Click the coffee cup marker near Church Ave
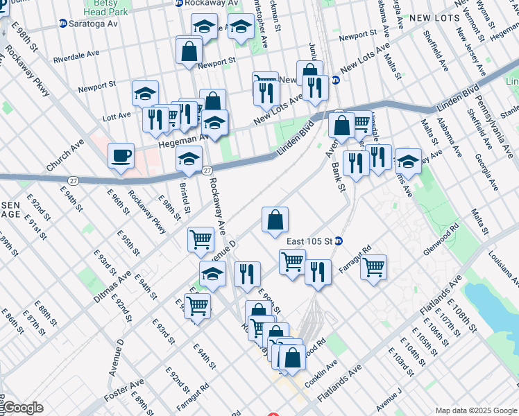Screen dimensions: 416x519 [x=121, y=155]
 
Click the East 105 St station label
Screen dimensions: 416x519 [x=311, y=241]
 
